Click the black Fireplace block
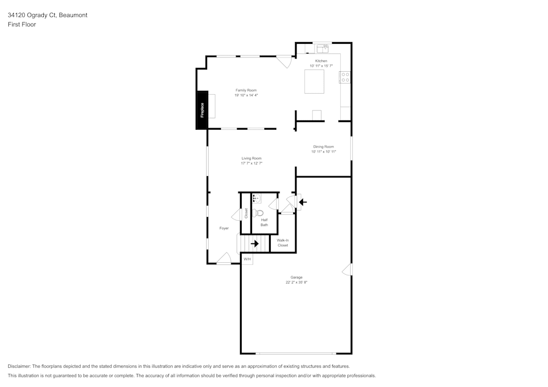202,110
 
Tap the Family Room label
246,90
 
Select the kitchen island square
314,82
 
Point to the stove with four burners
345,77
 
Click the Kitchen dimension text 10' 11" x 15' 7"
321,66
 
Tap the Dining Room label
323,147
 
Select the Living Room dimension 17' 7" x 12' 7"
252,163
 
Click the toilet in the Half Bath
259,213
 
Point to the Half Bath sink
257,199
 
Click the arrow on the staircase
255,244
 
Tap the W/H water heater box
247,259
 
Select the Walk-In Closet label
283,242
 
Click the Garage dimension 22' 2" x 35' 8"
296,283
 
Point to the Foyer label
224,228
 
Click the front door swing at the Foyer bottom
224,258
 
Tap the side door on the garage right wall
347,270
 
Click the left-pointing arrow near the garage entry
302,202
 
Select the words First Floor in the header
22,25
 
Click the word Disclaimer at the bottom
19,366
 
